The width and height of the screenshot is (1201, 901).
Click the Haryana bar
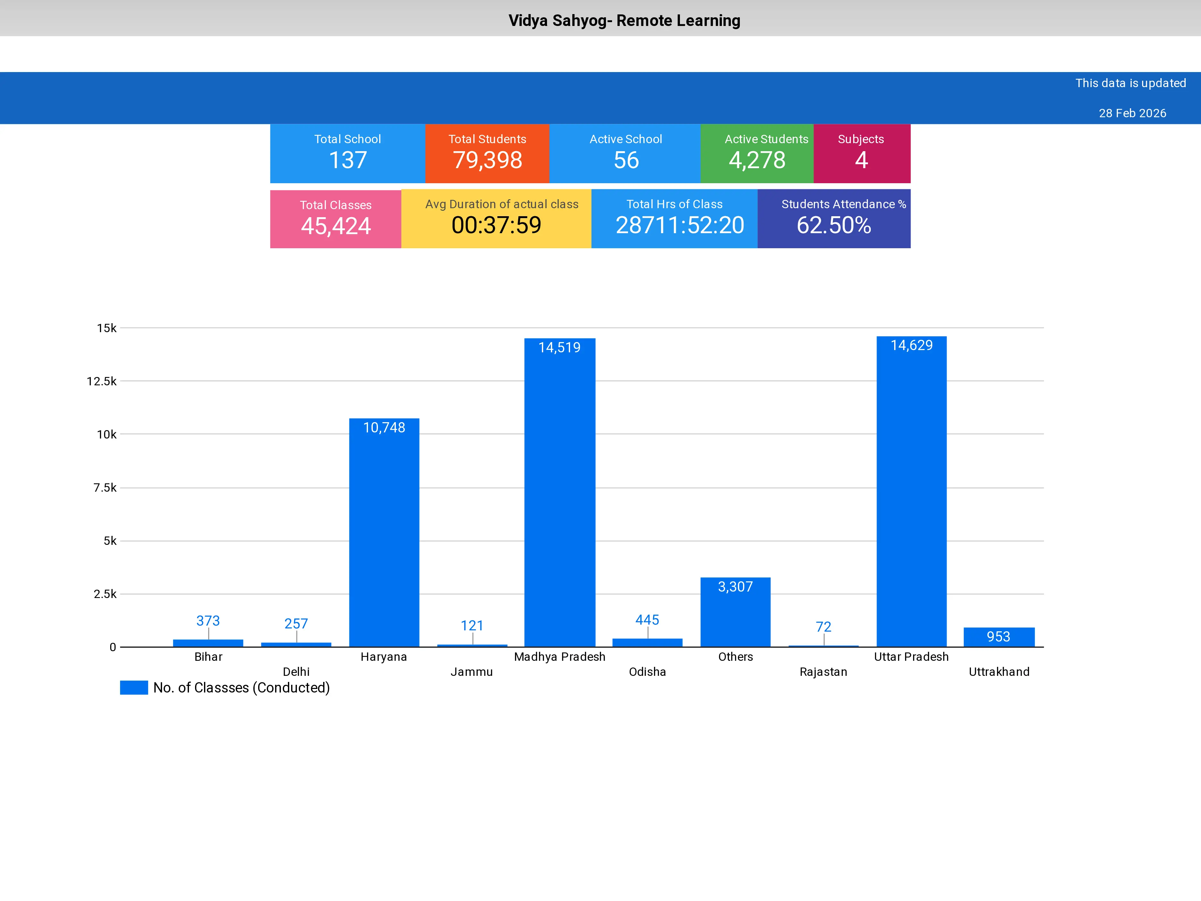tap(384, 532)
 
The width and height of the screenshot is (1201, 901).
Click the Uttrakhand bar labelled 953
tap(999, 637)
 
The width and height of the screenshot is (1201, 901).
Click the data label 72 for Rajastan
tap(823, 627)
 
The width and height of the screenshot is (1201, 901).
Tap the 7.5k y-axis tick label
tap(105, 488)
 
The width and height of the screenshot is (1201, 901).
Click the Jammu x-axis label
tap(471, 672)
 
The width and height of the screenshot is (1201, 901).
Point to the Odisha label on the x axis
tap(647, 672)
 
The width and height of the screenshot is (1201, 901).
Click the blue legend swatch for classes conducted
tap(134, 688)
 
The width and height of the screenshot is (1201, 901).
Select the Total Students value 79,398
tap(487, 160)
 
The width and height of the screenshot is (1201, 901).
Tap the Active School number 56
tap(626, 160)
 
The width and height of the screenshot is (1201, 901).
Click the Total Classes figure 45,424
tap(336, 226)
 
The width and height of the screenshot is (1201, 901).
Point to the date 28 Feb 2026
tap(1132, 113)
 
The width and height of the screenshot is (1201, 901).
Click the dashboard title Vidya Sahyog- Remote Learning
tap(624, 20)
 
